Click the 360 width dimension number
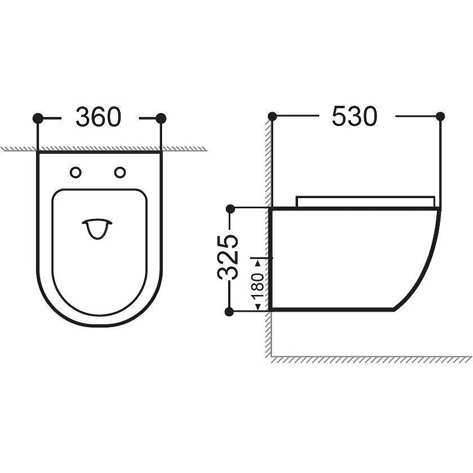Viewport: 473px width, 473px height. (98, 118)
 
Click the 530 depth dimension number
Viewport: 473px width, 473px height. (354, 116)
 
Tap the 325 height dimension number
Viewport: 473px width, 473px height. (229, 257)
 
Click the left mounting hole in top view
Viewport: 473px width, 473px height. (76, 172)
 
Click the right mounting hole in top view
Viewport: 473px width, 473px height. (120, 172)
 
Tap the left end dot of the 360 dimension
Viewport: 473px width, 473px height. (38, 118)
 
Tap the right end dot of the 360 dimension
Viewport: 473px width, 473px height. (161, 118)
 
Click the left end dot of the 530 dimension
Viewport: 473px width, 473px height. (272, 116)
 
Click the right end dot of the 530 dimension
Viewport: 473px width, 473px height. (440, 116)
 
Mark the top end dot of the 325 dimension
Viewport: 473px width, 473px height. (231, 208)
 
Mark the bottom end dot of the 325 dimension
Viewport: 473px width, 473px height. (231, 310)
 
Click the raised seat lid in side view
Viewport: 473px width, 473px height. (367, 201)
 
